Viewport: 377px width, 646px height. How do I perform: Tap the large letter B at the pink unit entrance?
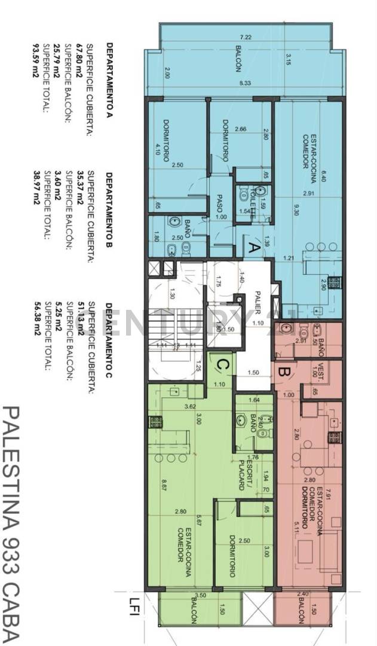click(x=284, y=371)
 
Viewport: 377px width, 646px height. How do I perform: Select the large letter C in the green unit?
click(x=221, y=364)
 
